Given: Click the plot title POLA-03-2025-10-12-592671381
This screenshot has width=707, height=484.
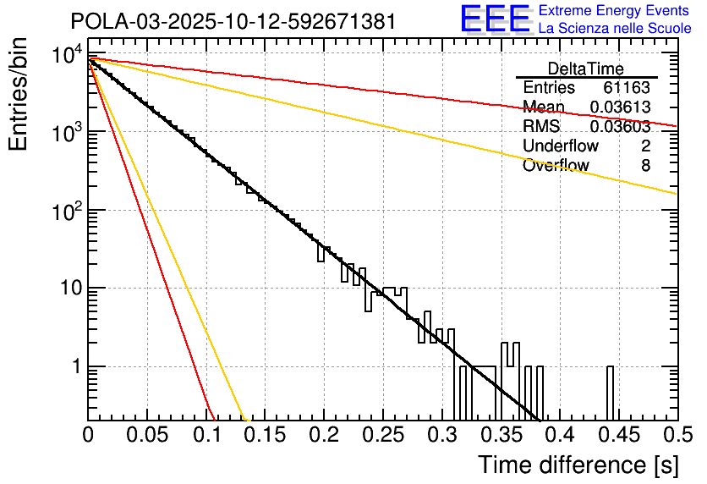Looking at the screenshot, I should pyautogui.click(x=233, y=21).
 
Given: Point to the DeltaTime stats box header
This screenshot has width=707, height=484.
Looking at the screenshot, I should pyautogui.click(x=585, y=69).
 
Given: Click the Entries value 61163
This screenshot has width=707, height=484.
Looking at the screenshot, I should pyautogui.click(x=626, y=88).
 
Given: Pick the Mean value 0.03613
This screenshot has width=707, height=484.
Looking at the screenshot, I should pyautogui.click(x=620, y=107).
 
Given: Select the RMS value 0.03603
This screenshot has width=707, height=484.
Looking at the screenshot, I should pyautogui.click(x=620, y=127).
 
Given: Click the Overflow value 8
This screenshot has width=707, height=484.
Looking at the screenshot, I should pyautogui.click(x=645, y=166).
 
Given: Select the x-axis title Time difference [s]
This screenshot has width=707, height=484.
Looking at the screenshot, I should pyautogui.click(x=577, y=465).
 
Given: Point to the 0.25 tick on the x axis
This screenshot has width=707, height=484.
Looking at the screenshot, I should pyautogui.click(x=382, y=435).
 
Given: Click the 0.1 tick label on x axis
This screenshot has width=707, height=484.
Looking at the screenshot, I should pyautogui.click(x=206, y=435).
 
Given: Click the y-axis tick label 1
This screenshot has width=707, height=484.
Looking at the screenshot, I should pyautogui.click(x=74, y=367).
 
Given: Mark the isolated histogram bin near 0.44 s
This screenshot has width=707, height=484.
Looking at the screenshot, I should pyautogui.click(x=610, y=393).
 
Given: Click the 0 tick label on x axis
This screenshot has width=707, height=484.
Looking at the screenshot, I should pyautogui.click(x=88, y=435).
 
